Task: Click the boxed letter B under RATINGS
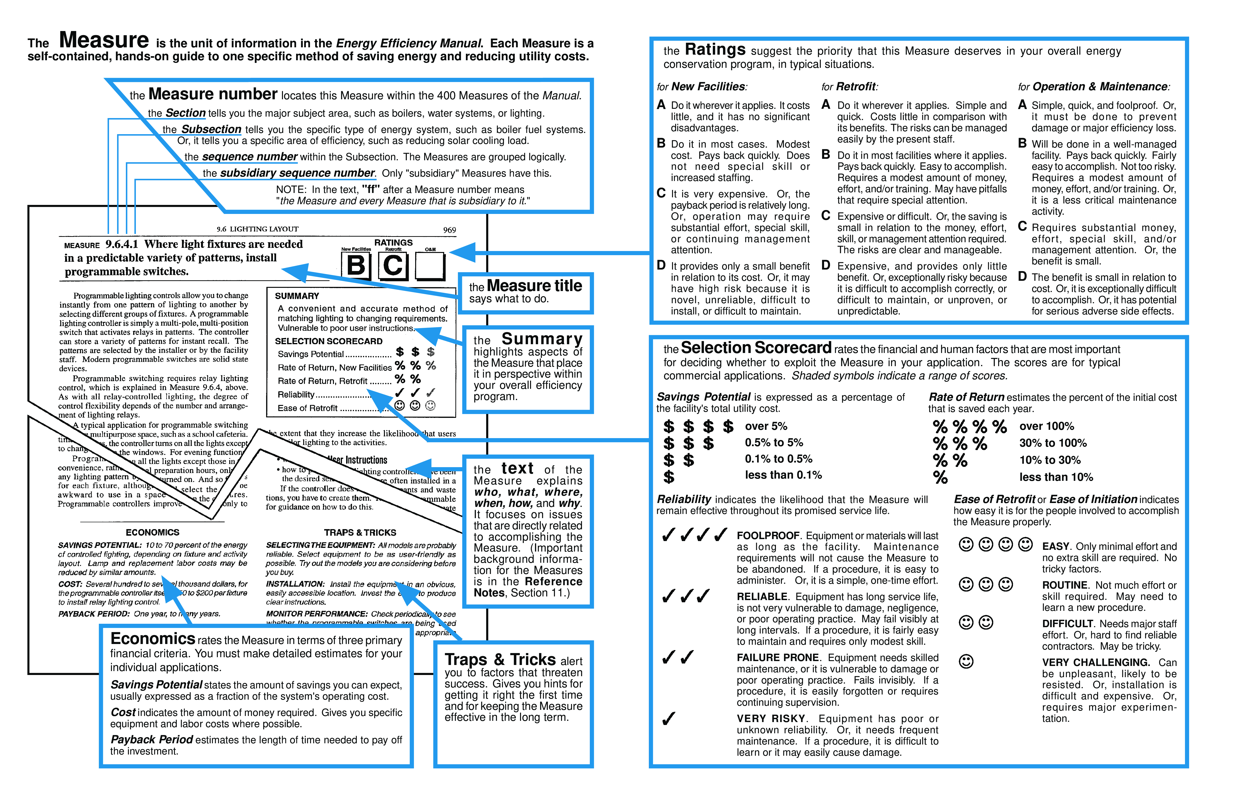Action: click(x=356, y=266)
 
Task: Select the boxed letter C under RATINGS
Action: click(x=393, y=266)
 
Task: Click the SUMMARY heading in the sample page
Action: click(x=297, y=296)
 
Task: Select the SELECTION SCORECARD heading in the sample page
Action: click(x=329, y=341)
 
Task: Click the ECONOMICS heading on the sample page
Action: click(x=153, y=533)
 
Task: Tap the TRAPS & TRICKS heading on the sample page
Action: click(x=360, y=533)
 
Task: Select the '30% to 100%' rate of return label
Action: click(x=1053, y=443)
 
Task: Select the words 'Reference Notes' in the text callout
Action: click(x=528, y=587)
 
